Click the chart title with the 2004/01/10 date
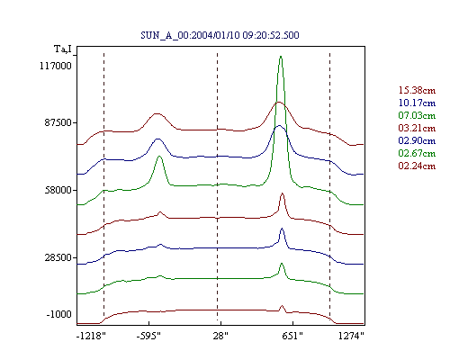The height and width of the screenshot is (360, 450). [x=220, y=35]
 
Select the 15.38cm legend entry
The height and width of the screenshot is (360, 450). [x=417, y=90]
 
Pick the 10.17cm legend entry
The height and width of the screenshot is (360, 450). [x=417, y=103]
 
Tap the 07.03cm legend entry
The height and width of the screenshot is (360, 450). [x=417, y=115]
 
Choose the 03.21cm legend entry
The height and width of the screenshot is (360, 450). [x=417, y=128]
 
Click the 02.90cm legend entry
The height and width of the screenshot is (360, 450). [x=417, y=140]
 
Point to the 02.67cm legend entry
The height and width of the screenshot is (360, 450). [x=417, y=153]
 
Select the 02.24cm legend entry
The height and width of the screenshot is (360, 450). [x=417, y=166]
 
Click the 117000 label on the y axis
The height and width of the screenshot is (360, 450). [x=56, y=66]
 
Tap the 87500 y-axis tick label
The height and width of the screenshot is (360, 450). [x=58, y=123]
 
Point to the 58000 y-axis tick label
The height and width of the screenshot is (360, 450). [x=58, y=190]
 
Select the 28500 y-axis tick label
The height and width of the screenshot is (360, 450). [x=58, y=257]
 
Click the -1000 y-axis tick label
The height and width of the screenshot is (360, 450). [x=59, y=314]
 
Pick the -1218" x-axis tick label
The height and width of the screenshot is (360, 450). [x=92, y=336]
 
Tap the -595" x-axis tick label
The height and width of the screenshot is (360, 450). [x=148, y=336]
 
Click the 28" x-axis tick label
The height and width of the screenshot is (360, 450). [x=220, y=336]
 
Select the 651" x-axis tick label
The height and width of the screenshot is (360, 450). [x=292, y=336]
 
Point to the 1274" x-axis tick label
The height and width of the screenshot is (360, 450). [x=351, y=336]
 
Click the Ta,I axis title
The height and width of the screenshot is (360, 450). [x=63, y=49]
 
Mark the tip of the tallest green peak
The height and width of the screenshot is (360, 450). [x=281, y=56]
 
